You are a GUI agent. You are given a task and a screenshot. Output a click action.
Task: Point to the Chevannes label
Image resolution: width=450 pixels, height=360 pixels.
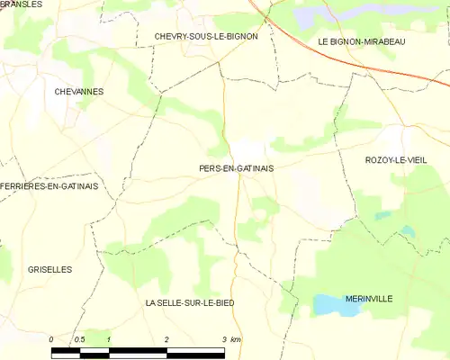[79, 92]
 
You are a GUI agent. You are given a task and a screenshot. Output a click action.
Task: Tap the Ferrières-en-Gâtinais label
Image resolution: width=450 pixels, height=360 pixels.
[49, 186]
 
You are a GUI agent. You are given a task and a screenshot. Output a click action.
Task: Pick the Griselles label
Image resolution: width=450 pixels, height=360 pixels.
[50, 269]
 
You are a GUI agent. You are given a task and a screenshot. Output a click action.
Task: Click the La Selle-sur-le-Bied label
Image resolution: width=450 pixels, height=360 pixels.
[190, 303]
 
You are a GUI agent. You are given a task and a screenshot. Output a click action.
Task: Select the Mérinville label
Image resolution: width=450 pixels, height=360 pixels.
[369, 298]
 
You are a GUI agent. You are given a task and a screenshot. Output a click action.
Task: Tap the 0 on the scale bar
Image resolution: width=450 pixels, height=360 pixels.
[51, 339]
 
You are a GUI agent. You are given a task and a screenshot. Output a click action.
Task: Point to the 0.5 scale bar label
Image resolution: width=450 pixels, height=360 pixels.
[79, 339]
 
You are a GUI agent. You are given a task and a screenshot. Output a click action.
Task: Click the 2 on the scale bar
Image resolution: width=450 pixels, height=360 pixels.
[166, 339]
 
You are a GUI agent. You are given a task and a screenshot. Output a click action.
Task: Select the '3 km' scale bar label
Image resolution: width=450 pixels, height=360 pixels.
[230, 339]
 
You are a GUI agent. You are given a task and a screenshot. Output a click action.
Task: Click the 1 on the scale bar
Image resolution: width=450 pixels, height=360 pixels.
[108, 339]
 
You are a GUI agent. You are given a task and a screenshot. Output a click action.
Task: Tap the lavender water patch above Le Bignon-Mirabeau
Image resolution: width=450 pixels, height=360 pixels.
[310, 16]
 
